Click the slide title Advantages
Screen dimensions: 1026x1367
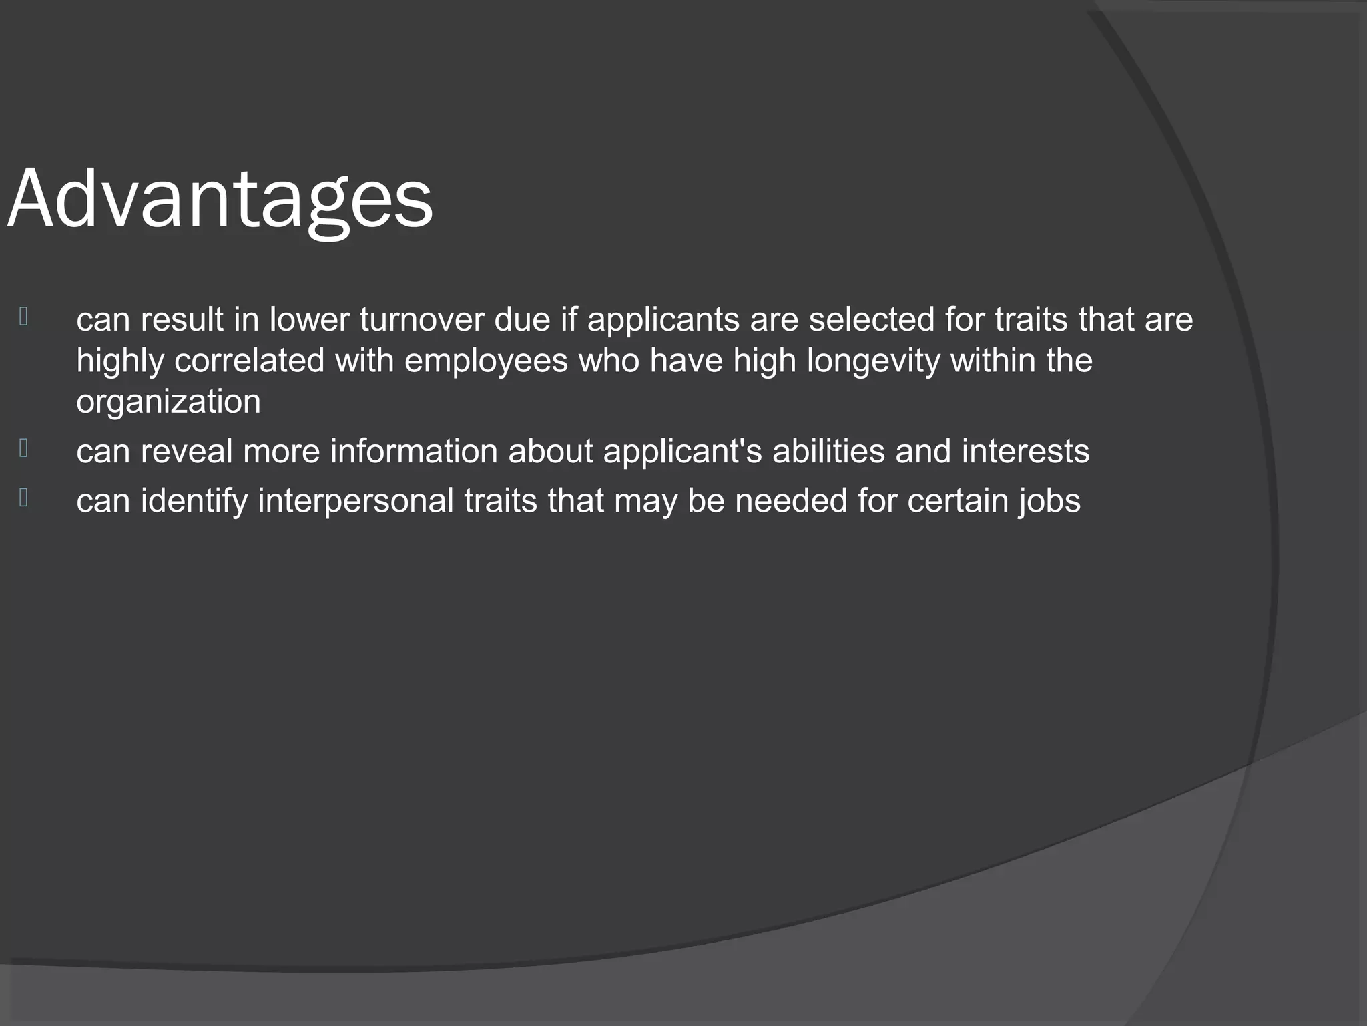click(x=220, y=199)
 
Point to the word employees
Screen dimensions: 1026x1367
click(x=486, y=361)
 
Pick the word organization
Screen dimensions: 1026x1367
click(x=168, y=401)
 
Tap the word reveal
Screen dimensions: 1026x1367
click(x=186, y=451)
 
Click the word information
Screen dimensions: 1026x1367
click(x=414, y=451)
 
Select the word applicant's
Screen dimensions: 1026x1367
click(x=682, y=451)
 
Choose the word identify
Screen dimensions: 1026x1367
click(x=194, y=501)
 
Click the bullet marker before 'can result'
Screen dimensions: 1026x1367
click(x=23, y=317)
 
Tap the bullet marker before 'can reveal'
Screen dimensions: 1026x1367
click(x=23, y=448)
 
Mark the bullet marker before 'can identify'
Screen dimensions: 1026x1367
click(x=23, y=498)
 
